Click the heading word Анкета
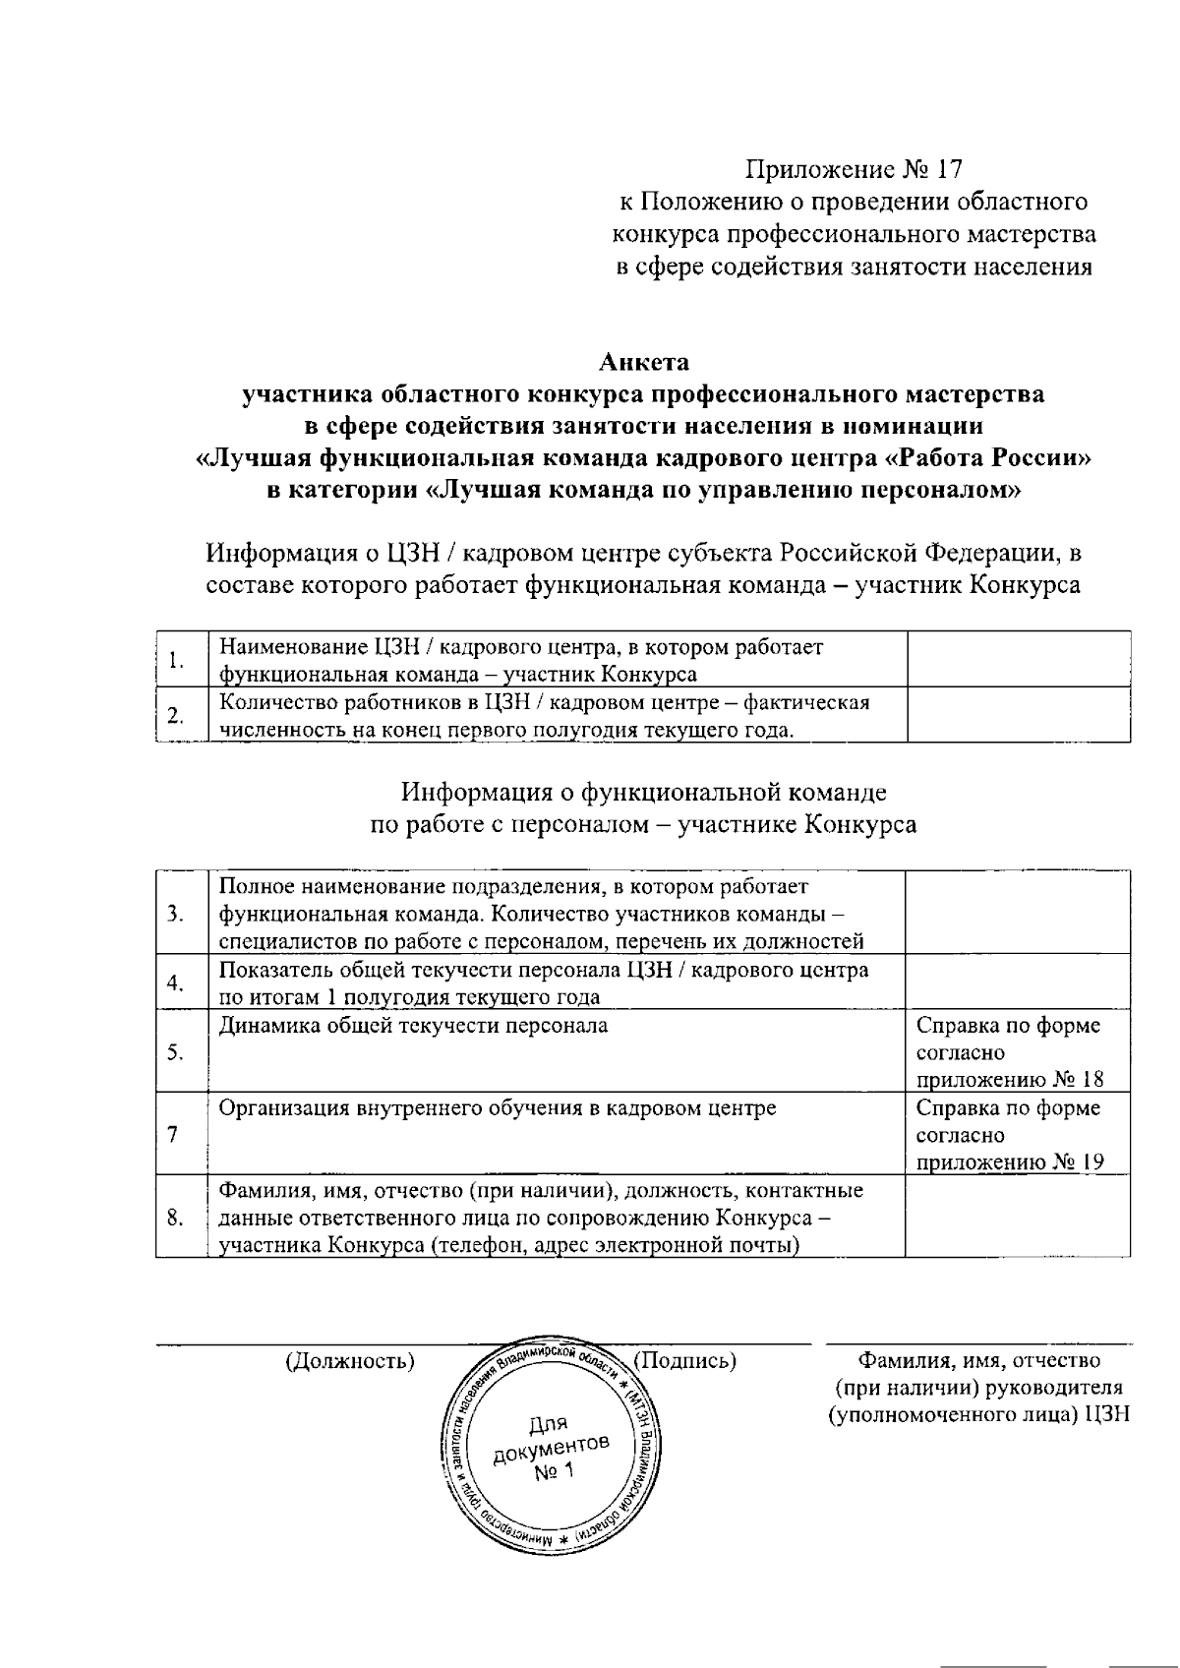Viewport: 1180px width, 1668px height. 644,362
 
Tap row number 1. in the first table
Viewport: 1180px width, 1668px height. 178,660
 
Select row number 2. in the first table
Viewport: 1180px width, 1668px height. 176,715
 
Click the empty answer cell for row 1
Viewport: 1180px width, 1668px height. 1018,660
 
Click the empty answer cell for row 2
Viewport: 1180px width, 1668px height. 1018,715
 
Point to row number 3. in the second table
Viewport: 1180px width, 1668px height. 176,915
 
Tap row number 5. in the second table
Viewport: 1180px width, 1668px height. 176,1052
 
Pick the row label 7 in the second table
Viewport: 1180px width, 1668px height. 173,1135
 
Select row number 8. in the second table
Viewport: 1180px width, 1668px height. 176,1219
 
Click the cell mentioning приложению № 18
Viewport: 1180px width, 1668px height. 1010,1052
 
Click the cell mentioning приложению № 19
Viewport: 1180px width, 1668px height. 1010,1135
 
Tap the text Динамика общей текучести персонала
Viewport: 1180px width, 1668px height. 413,1026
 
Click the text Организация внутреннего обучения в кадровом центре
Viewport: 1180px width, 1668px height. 498,1108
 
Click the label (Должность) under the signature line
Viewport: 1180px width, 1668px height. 349,1361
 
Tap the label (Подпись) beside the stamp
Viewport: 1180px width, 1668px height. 685,1361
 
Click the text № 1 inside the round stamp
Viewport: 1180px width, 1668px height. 553,1472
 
